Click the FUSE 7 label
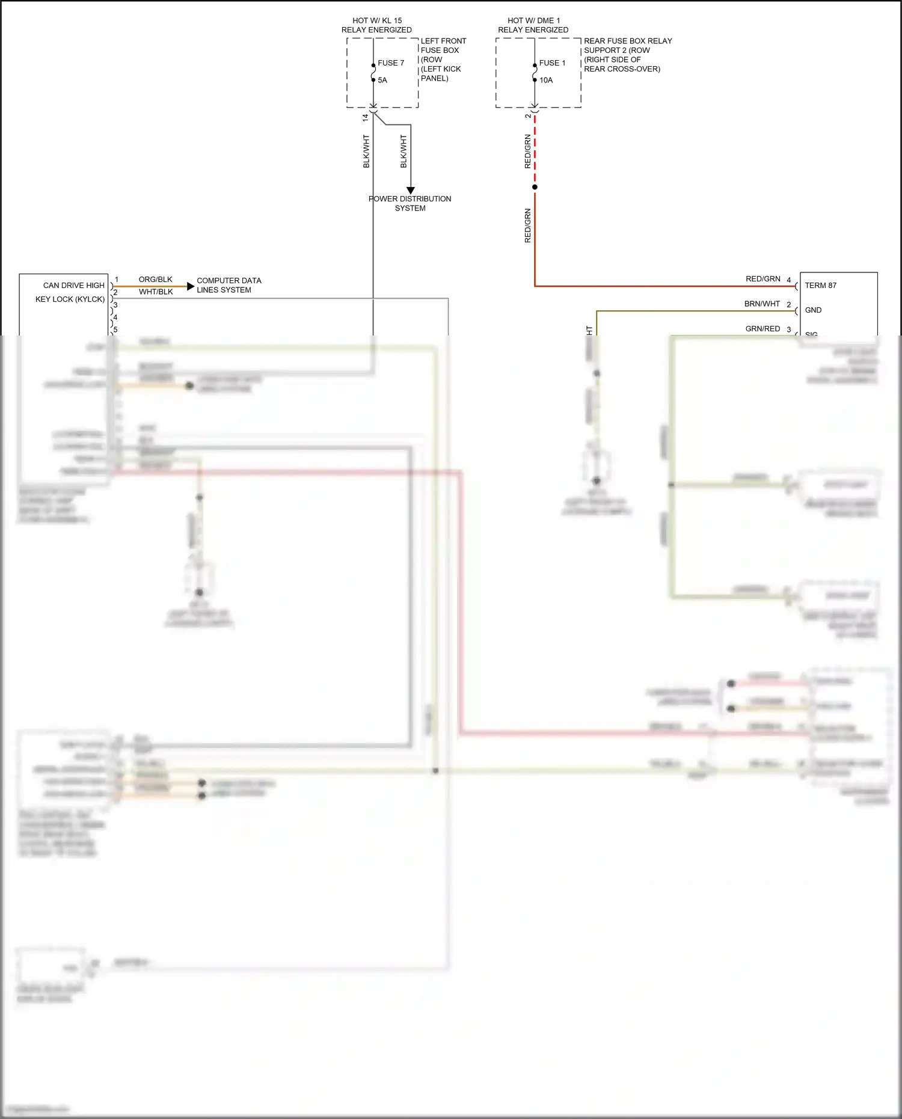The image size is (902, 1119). tap(391, 63)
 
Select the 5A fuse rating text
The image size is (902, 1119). tap(382, 80)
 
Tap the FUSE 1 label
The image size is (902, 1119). tap(552, 63)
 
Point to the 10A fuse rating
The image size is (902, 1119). tap(545, 80)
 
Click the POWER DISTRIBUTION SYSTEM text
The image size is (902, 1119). tap(410, 203)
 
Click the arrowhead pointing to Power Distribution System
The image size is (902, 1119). tap(411, 191)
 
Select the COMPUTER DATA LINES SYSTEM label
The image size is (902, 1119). tap(229, 285)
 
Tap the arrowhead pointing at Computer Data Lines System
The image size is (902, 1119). tap(191, 286)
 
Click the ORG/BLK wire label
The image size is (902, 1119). tap(155, 280)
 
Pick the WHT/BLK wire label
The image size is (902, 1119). tap(156, 292)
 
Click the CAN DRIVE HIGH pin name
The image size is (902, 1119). tap(73, 286)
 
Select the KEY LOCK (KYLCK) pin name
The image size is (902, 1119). tap(70, 299)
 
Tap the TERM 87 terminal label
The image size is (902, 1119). tap(820, 286)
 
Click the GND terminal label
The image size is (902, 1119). tap(813, 310)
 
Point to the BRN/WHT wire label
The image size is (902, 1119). tap(762, 304)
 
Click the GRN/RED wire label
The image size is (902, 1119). tap(762, 328)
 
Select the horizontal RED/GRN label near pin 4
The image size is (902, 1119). tap(762, 279)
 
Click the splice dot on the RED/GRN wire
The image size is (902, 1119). tap(535, 187)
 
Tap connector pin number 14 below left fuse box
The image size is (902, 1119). tap(365, 118)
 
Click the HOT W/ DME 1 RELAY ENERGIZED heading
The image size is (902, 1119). tap(533, 25)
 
